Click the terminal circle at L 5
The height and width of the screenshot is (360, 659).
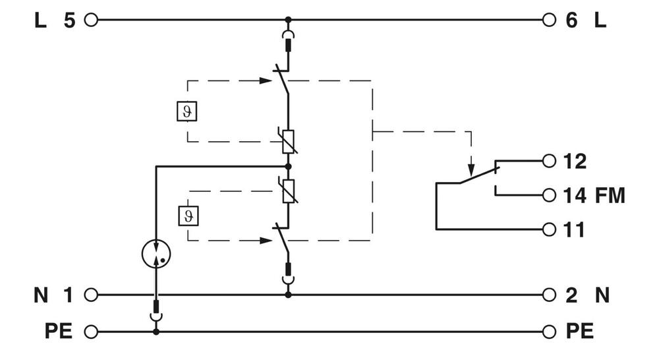tap(91, 20)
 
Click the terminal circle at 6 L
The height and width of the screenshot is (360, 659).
tap(548, 20)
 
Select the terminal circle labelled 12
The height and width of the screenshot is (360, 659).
tap(548, 160)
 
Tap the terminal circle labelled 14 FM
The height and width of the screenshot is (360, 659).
tap(548, 195)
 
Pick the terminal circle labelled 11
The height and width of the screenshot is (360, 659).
tap(548, 229)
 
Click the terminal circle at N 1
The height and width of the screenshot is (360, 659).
tap(91, 295)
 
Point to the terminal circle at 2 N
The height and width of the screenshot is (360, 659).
tap(548, 295)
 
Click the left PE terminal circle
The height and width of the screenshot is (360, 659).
tap(91, 331)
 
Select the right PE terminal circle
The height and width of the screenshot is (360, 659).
tap(548, 331)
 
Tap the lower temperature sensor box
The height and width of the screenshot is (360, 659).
tap(188, 216)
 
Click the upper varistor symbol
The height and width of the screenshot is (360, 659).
tap(288, 141)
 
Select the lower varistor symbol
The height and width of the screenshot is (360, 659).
tap(288, 191)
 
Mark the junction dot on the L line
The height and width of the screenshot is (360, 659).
tap(288, 20)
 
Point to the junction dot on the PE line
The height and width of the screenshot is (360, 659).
tap(156, 331)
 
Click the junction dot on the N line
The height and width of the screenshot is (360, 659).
tap(288, 295)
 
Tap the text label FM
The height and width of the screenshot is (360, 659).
tap(610, 196)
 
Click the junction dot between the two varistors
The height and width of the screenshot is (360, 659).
tap(288, 166)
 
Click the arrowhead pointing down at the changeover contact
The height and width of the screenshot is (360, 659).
tap(471, 166)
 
